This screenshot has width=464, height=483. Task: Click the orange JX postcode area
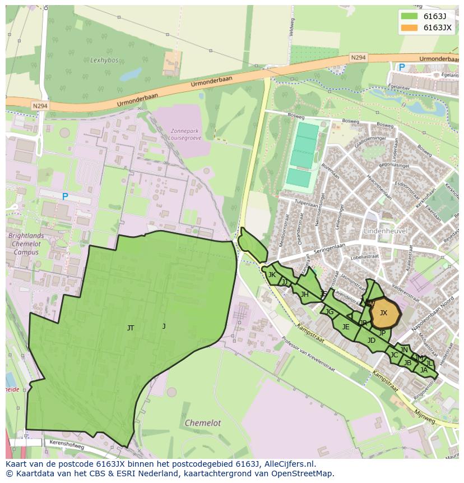pyautogui.click(x=384, y=313)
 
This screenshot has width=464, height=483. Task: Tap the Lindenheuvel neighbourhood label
pyautogui.click(x=385, y=231)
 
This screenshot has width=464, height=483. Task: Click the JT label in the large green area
pyautogui.click(x=131, y=328)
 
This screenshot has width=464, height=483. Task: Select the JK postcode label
pyautogui.click(x=272, y=275)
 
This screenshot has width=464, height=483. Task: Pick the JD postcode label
pyautogui.click(x=372, y=341)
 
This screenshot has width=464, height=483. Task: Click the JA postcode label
pyautogui.click(x=424, y=370)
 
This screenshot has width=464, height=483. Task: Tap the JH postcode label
pyautogui.click(x=304, y=295)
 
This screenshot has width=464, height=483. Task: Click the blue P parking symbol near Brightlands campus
pyautogui.click(x=65, y=196)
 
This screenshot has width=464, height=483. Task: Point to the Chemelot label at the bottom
pyautogui.click(x=203, y=423)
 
